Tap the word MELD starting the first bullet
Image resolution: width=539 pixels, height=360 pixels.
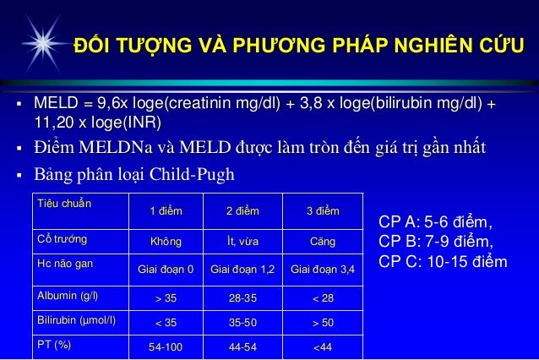[x=53, y=105]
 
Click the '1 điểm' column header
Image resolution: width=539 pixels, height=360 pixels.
[x=166, y=210]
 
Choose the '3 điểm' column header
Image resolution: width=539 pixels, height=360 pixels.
[x=322, y=210]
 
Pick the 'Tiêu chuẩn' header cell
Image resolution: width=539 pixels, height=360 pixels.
[x=63, y=204]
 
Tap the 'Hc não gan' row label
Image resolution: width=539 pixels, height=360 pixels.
[x=60, y=265]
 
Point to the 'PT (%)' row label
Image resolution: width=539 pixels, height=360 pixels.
[x=52, y=345]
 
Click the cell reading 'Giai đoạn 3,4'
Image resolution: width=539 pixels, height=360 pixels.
[x=323, y=270]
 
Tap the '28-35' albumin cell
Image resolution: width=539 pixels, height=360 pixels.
[x=244, y=297]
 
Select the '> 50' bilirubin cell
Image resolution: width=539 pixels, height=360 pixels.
[x=323, y=322]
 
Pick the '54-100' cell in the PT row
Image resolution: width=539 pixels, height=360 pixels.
[x=166, y=346]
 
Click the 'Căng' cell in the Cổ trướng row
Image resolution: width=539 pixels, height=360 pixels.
[x=323, y=242]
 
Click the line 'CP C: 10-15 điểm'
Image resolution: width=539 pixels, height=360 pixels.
[x=443, y=261]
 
